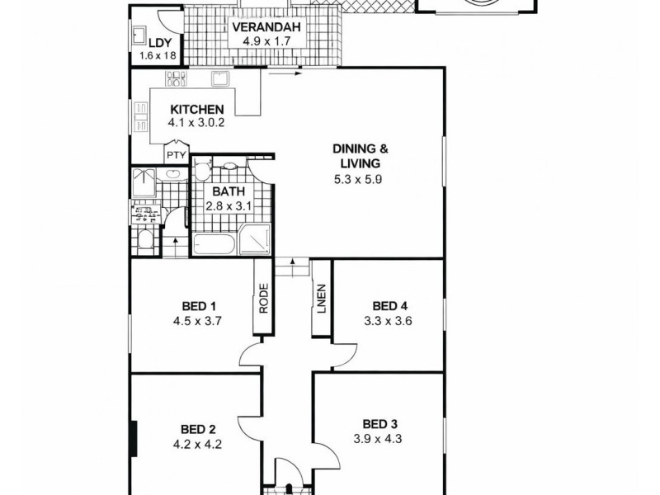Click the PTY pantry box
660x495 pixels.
coord(176,154)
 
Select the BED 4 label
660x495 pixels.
coord(386,303)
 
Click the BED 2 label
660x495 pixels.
coord(198,429)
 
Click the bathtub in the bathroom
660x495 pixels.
coord(214,244)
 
